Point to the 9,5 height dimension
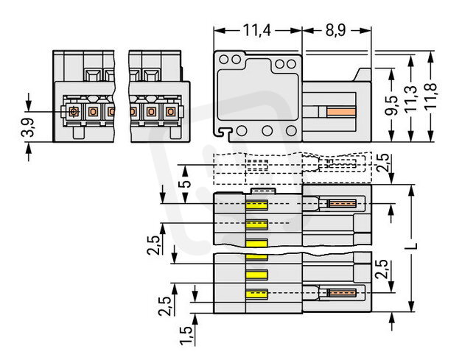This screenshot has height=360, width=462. click(395, 104)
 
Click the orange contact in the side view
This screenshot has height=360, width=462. click(341, 112)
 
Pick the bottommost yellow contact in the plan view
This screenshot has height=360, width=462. click(256, 295)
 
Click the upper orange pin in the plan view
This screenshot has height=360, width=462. click(341, 204)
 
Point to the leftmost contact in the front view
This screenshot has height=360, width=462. click(73, 112)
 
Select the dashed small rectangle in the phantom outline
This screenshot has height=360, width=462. click(256, 165)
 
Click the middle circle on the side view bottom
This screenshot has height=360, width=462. click(267, 131)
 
